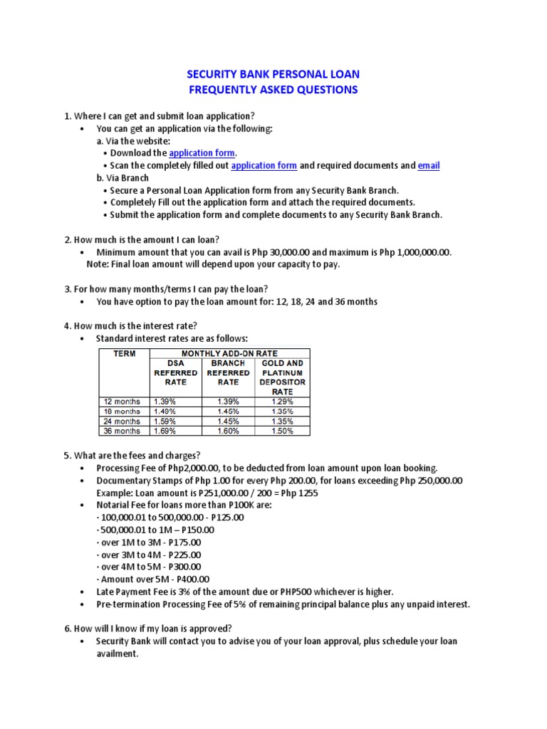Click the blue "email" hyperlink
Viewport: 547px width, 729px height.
tap(429, 165)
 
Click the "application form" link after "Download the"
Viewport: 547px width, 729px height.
tap(202, 152)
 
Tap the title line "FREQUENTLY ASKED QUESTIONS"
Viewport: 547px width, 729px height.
tap(273, 90)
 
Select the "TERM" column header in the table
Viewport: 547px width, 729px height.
tap(120, 353)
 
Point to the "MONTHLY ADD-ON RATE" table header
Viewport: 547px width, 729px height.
tap(229, 353)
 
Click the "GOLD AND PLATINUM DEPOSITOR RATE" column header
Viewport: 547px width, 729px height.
tap(283, 377)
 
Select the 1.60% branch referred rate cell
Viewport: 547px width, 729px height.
tap(229, 431)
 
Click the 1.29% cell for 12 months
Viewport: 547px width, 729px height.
tap(282, 402)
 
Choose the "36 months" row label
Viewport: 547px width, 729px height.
tap(123, 431)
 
